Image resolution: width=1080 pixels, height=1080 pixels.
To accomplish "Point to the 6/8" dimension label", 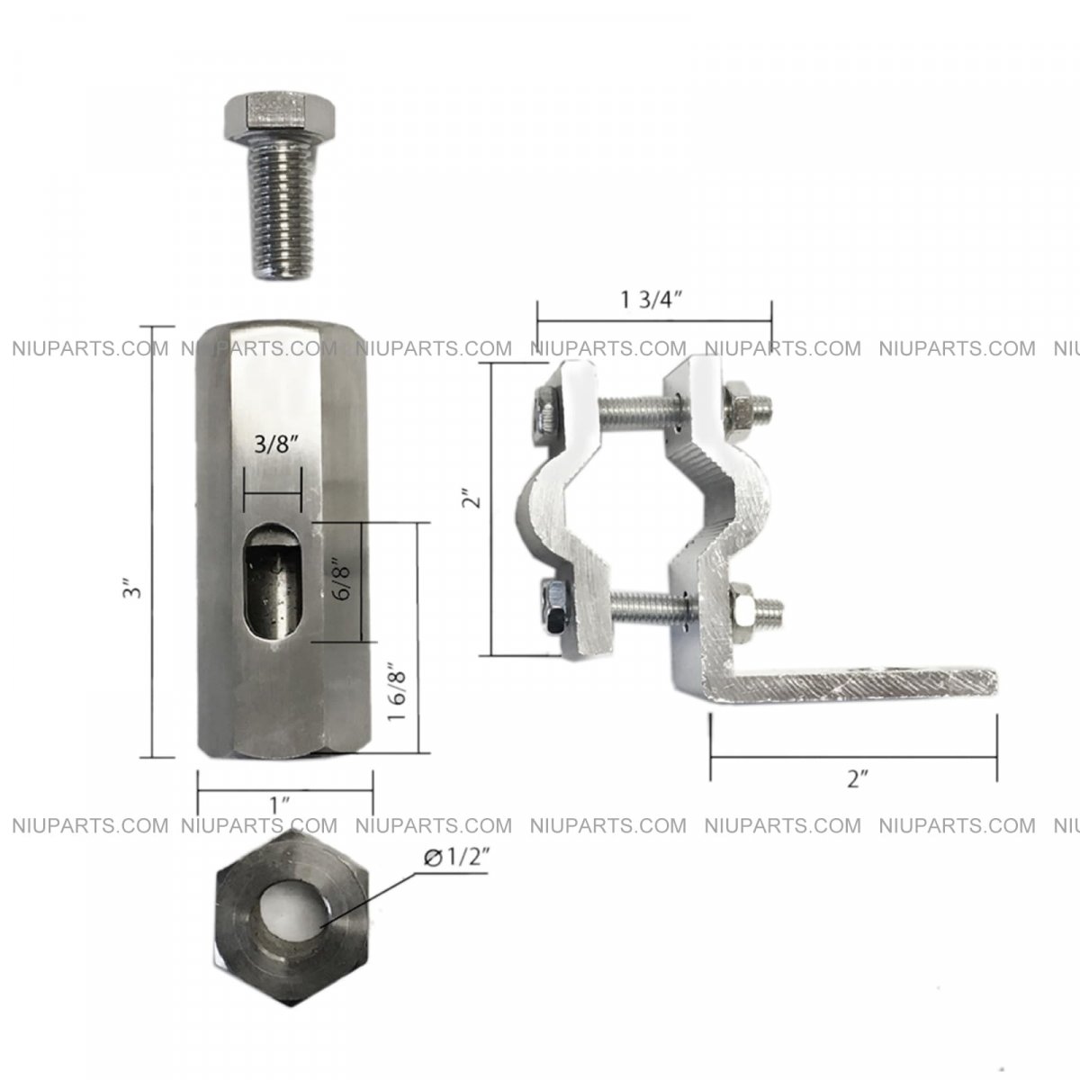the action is pyautogui.click(x=341, y=579).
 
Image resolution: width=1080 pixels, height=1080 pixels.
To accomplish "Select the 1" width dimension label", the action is pyautogui.click(x=280, y=805).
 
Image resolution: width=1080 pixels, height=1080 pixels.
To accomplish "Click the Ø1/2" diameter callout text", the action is pyautogui.click(x=457, y=858).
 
